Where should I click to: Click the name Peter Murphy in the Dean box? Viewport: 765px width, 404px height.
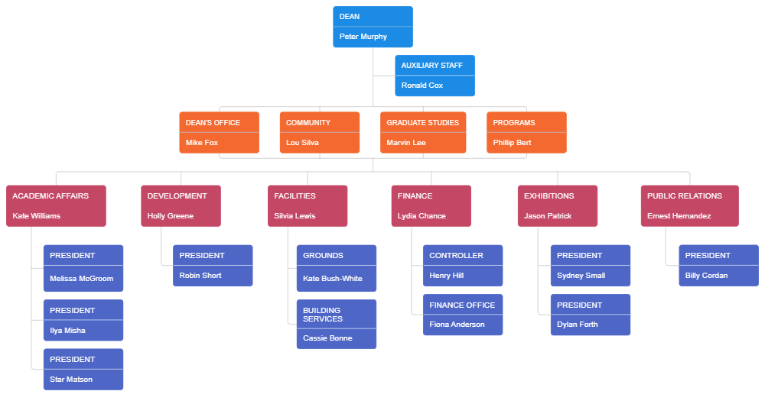(x=363, y=37)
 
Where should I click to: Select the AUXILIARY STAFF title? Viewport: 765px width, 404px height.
(x=431, y=66)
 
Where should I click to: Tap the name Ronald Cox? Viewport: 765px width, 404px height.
(x=422, y=86)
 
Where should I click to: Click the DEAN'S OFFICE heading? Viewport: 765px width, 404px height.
(x=213, y=123)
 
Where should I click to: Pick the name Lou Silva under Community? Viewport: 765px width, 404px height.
(x=302, y=143)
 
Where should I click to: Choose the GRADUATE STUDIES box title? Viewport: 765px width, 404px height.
(x=422, y=123)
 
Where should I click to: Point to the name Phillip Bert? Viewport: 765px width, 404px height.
(x=513, y=143)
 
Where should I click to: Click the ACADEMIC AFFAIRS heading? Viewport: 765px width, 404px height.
(x=50, y=196)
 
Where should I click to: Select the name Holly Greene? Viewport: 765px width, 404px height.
(x=171, y=216)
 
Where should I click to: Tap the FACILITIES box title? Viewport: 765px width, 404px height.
(x=295, y=196)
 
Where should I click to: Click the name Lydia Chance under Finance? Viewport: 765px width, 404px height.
(x=422, y=216)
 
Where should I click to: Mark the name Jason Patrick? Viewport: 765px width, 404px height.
(x=548, y=216)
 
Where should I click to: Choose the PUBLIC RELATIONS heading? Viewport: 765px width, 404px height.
(x=684, y=196)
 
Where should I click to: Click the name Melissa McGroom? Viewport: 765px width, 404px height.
(x=81, y=279)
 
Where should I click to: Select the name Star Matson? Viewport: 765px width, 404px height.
(x=71, y=380)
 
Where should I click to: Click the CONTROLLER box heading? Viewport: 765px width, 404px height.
(x=456, y=256)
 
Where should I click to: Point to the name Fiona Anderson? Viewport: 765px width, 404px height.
(x=457, y=325)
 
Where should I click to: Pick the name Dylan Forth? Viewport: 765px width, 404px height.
(x=578, y=325)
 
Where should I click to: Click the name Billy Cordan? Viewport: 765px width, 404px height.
(x=706, y=276)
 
